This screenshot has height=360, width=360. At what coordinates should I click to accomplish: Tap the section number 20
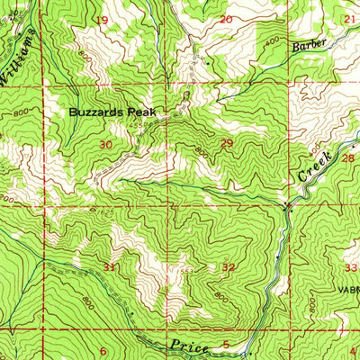225,19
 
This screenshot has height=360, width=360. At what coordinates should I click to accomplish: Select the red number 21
348,19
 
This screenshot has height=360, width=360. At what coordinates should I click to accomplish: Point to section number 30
106,144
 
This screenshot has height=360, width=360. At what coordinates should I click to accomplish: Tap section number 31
110,267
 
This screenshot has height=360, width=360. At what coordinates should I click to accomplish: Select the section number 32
229,267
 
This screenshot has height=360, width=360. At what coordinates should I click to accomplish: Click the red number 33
351,267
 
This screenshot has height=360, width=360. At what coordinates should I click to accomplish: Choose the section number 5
225,346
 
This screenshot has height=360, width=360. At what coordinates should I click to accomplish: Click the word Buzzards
99,112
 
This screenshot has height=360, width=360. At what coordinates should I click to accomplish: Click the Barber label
306,43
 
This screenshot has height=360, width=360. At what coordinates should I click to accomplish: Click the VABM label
347,291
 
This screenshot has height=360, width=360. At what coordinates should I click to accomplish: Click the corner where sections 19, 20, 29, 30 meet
165,86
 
